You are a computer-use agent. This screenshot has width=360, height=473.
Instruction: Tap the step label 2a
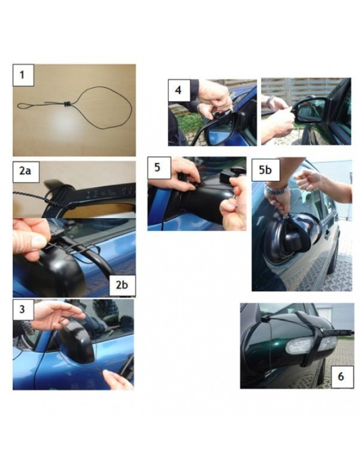[24, 171]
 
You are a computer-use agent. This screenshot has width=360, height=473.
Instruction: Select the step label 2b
[120, 285]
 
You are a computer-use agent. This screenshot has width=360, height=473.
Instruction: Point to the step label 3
[23, 309]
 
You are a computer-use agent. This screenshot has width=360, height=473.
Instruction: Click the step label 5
[158, 168]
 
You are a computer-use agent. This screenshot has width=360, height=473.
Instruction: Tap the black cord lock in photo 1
[67, 104]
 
